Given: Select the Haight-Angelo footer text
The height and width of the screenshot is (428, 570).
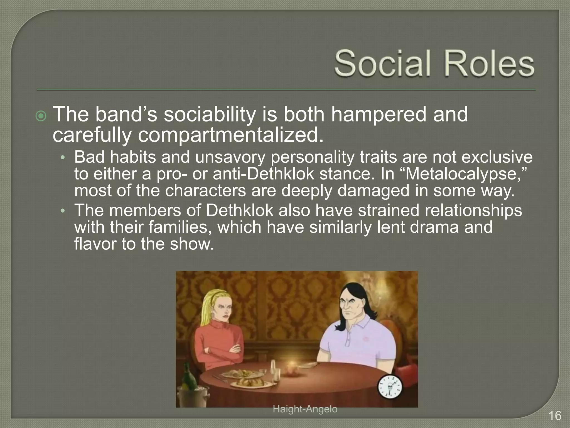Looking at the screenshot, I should click(x=305, y=409).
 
